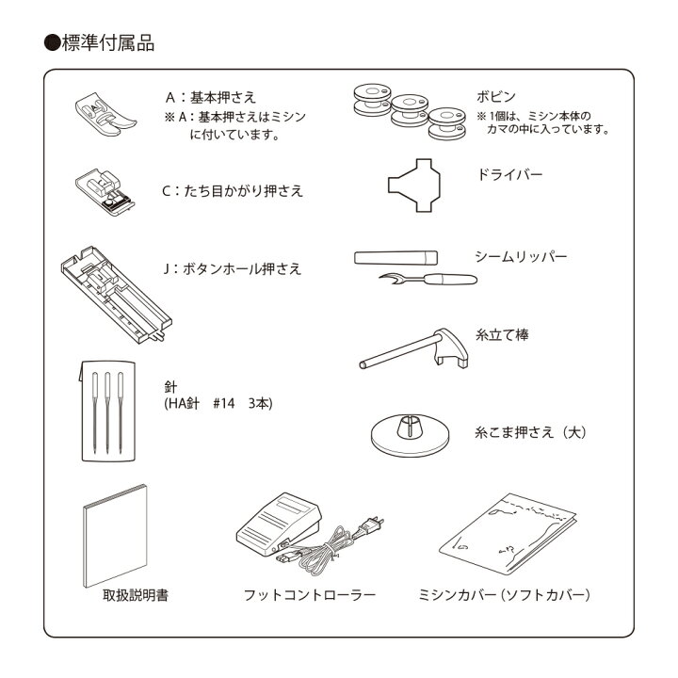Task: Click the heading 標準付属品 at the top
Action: click(105, 42)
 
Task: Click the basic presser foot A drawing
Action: click(100, 114)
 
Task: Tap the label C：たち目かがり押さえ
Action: click(232, 190)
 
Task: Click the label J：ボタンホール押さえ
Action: click(232, 268)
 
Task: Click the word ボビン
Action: click(495, 96)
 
